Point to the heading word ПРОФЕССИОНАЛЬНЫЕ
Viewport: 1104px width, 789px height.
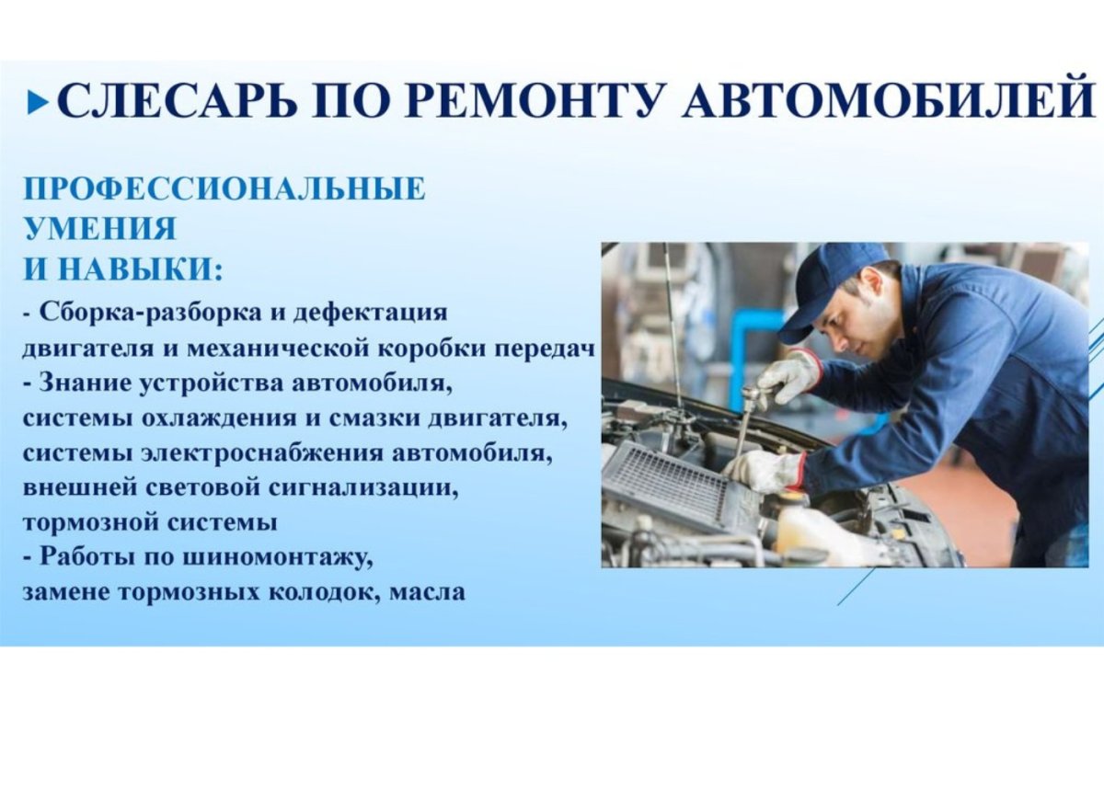(x=224, y=189)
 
